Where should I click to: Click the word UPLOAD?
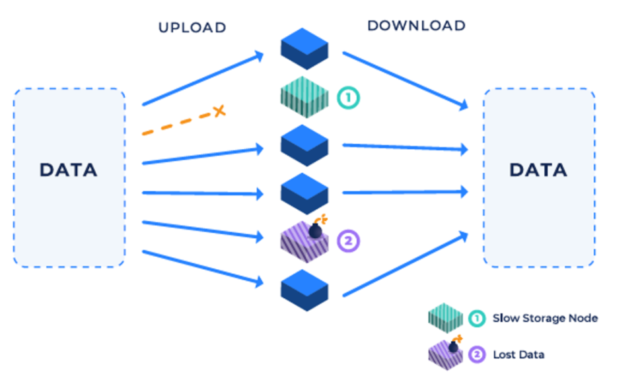tap(192, 28)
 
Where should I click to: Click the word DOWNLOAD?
tap(416, 26)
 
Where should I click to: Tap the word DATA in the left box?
tap(68, 170)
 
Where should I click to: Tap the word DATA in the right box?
tap(538, 170)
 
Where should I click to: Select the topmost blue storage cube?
tap(304, 48)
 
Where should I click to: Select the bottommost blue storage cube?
tap(304, 288)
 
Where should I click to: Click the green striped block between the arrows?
tap(304, 97)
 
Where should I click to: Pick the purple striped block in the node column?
tap(304, 241)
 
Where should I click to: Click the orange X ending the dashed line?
tap(219, 111)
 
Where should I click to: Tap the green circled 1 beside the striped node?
tap(348, 98)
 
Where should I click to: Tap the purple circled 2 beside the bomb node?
tap(348, 241)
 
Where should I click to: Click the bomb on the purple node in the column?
tap(316, 230)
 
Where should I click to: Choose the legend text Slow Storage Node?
tap(545, 318)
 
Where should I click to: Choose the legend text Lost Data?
tap(518, 354)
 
